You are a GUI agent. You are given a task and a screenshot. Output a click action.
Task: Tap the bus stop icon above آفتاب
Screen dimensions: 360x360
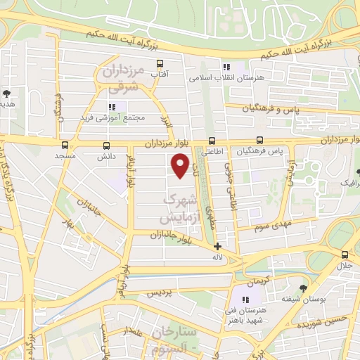(161, 63)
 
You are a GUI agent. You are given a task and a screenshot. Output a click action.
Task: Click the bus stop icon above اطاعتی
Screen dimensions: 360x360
(213, 140)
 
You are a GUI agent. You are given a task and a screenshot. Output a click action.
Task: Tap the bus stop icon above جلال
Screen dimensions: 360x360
(345, 255)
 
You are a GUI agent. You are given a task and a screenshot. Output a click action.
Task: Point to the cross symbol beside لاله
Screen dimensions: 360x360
(218, 247)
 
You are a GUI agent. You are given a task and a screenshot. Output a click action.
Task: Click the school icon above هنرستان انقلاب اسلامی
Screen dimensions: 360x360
(226, 67)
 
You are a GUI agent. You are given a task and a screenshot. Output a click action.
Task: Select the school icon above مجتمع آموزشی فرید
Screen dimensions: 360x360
(119, 106)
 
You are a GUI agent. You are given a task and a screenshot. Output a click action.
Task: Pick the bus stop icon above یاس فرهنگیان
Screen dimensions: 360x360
(260, 140)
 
